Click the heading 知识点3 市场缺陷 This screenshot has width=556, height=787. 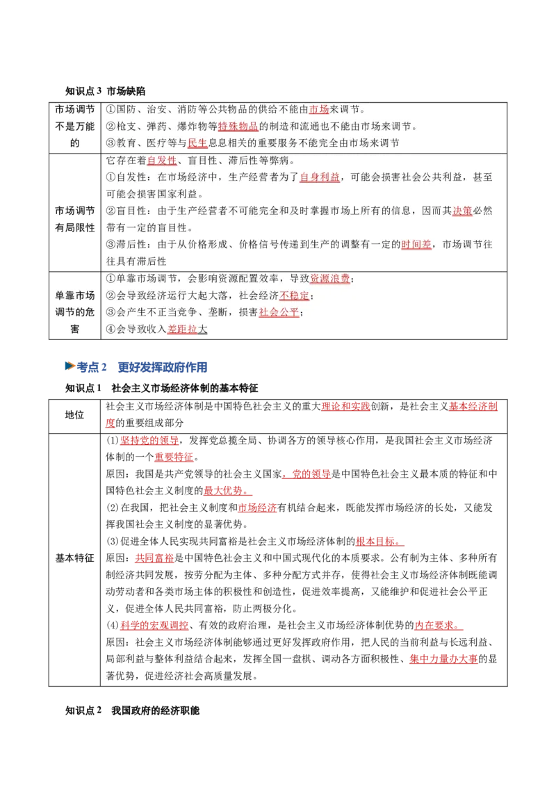tap(106, 91)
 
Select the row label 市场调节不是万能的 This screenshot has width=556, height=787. tap(75, 127)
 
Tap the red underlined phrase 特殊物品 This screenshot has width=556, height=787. tap(238, 127)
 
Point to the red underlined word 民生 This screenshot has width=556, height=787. tap(197, 143)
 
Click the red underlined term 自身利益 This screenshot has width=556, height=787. tap(320, 177)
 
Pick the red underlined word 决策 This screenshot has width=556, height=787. tap(462, 211)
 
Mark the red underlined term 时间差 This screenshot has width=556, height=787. tap(416, 245)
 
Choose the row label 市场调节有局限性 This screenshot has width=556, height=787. tap(75, 219)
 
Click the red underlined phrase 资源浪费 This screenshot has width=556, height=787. tap(329, 279)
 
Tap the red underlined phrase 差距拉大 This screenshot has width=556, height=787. tap(187, 330)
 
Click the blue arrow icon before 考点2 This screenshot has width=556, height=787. tap(70, 366)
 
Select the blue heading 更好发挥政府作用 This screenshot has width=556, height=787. tap(163, 367)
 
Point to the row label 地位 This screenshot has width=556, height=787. tap(74, 415)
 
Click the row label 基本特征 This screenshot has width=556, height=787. tap(74, 558)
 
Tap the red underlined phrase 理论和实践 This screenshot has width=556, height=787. tap(345, 407)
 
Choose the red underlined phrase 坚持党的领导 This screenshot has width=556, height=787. tap(149, 441)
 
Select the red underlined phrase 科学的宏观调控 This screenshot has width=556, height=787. tap(154, 626)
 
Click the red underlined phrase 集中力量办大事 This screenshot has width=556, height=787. tap(443, 659)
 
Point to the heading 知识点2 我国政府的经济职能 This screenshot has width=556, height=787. tap(133, 711)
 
